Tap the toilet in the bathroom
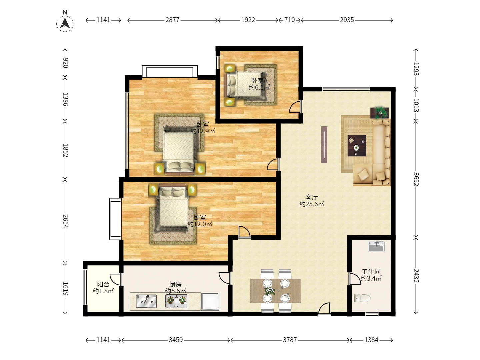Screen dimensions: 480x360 362,298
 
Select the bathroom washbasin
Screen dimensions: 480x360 376,246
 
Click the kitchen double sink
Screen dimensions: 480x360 146,301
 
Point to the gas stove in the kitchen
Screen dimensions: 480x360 176,301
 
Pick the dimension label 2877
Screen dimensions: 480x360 172,20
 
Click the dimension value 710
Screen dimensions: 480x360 290,20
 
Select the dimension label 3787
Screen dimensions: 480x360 290,340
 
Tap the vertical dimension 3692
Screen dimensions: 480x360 416,179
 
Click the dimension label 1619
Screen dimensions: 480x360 65,289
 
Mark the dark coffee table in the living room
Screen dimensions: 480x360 357,146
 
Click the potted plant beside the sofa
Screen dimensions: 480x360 380,113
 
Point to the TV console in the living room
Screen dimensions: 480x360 324,144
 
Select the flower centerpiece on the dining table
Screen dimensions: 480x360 270,290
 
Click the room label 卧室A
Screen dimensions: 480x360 259,81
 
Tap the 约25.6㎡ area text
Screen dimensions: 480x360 312,204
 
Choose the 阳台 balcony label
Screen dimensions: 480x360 103,284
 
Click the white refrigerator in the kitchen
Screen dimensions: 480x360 210,302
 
